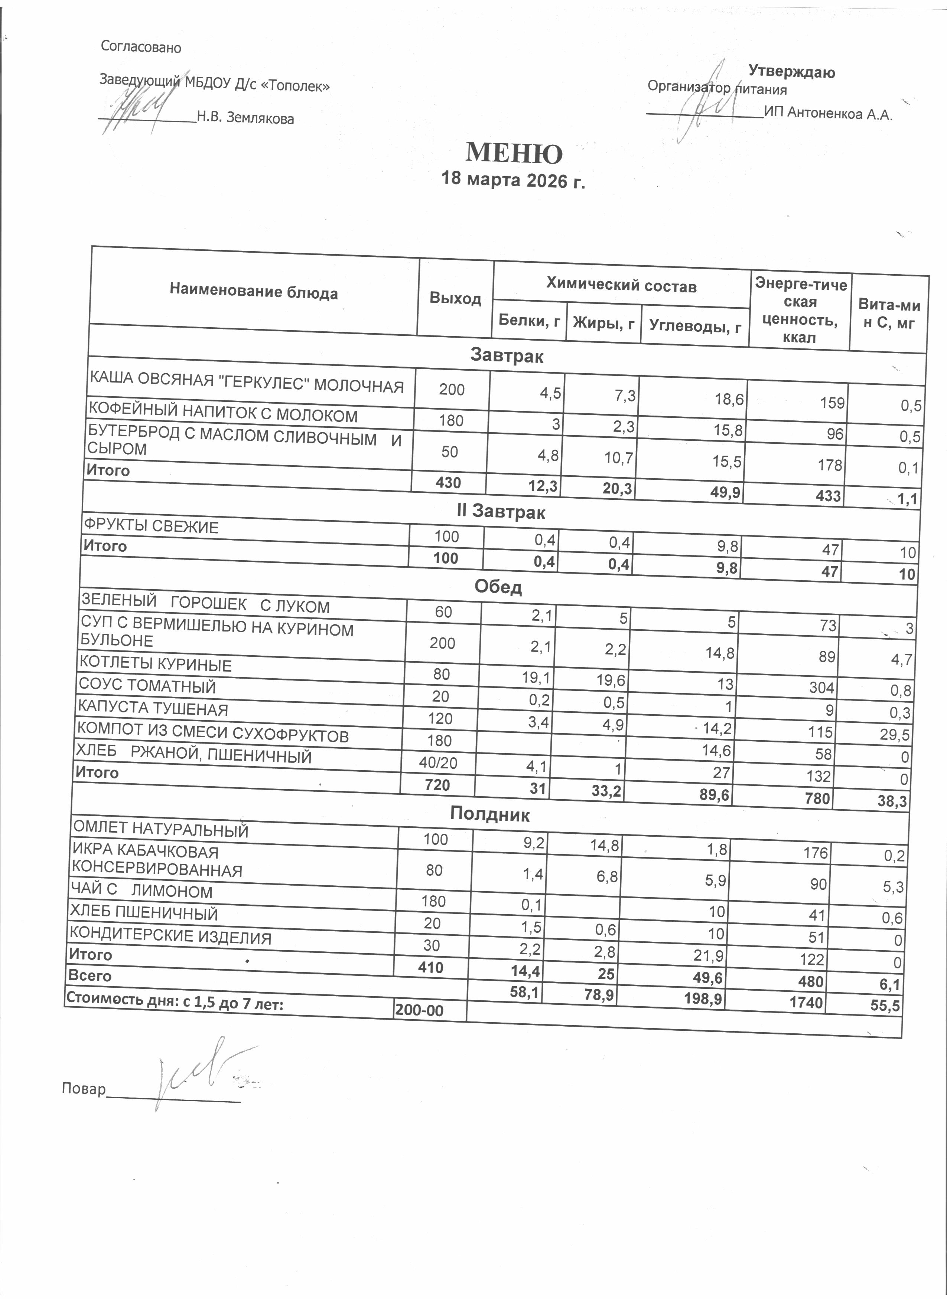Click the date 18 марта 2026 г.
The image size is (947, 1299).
513,180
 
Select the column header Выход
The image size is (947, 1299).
455,298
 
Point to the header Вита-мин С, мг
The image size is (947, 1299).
889,314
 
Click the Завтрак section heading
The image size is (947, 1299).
507,356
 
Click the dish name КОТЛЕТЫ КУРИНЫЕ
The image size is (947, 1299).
155,664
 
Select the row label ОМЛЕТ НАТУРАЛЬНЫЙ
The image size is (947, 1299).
160,829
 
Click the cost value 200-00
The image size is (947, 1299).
419,1010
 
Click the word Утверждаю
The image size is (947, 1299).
791,72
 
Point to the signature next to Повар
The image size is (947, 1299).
195,1075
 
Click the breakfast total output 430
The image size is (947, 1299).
448,482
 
